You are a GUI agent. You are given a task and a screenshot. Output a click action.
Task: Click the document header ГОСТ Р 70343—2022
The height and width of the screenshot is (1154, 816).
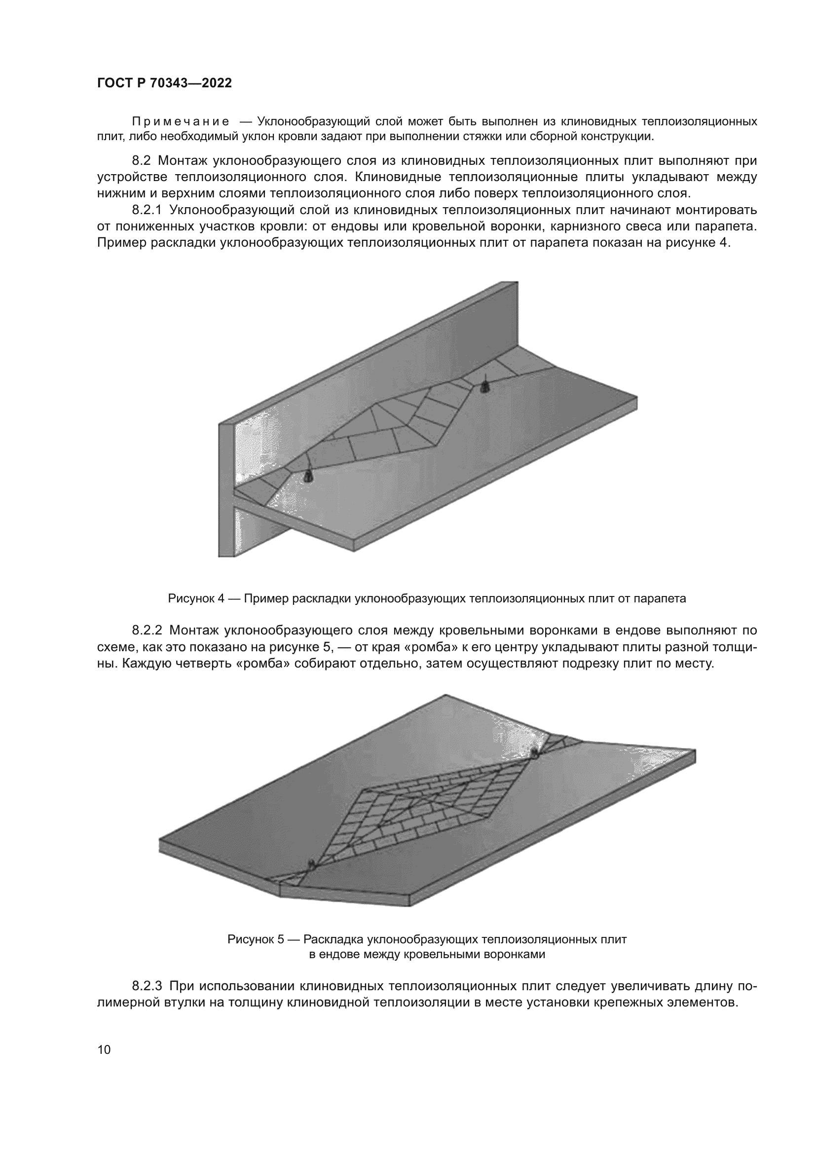point(164,83)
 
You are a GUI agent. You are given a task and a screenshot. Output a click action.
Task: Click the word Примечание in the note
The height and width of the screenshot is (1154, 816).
point(181,122)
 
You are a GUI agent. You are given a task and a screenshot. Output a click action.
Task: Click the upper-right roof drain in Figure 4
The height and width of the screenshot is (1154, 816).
point(485,386)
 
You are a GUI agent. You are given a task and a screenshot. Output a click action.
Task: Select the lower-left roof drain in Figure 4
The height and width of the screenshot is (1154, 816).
point(307,475)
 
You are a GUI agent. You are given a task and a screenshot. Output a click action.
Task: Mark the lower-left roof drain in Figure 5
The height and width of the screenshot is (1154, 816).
point(312,864)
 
